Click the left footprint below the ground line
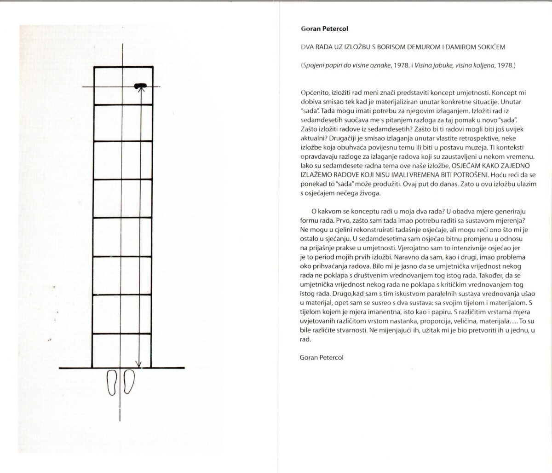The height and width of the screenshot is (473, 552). [x=112, y=381]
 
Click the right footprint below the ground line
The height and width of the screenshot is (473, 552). [x=128, y=381]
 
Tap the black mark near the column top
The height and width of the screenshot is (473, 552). [x=141, y=86]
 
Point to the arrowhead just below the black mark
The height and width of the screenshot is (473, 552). [x=141, y=90]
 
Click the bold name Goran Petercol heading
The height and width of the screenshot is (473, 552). [x=324, y=29]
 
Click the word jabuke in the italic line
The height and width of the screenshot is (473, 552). [x=443, y=65]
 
